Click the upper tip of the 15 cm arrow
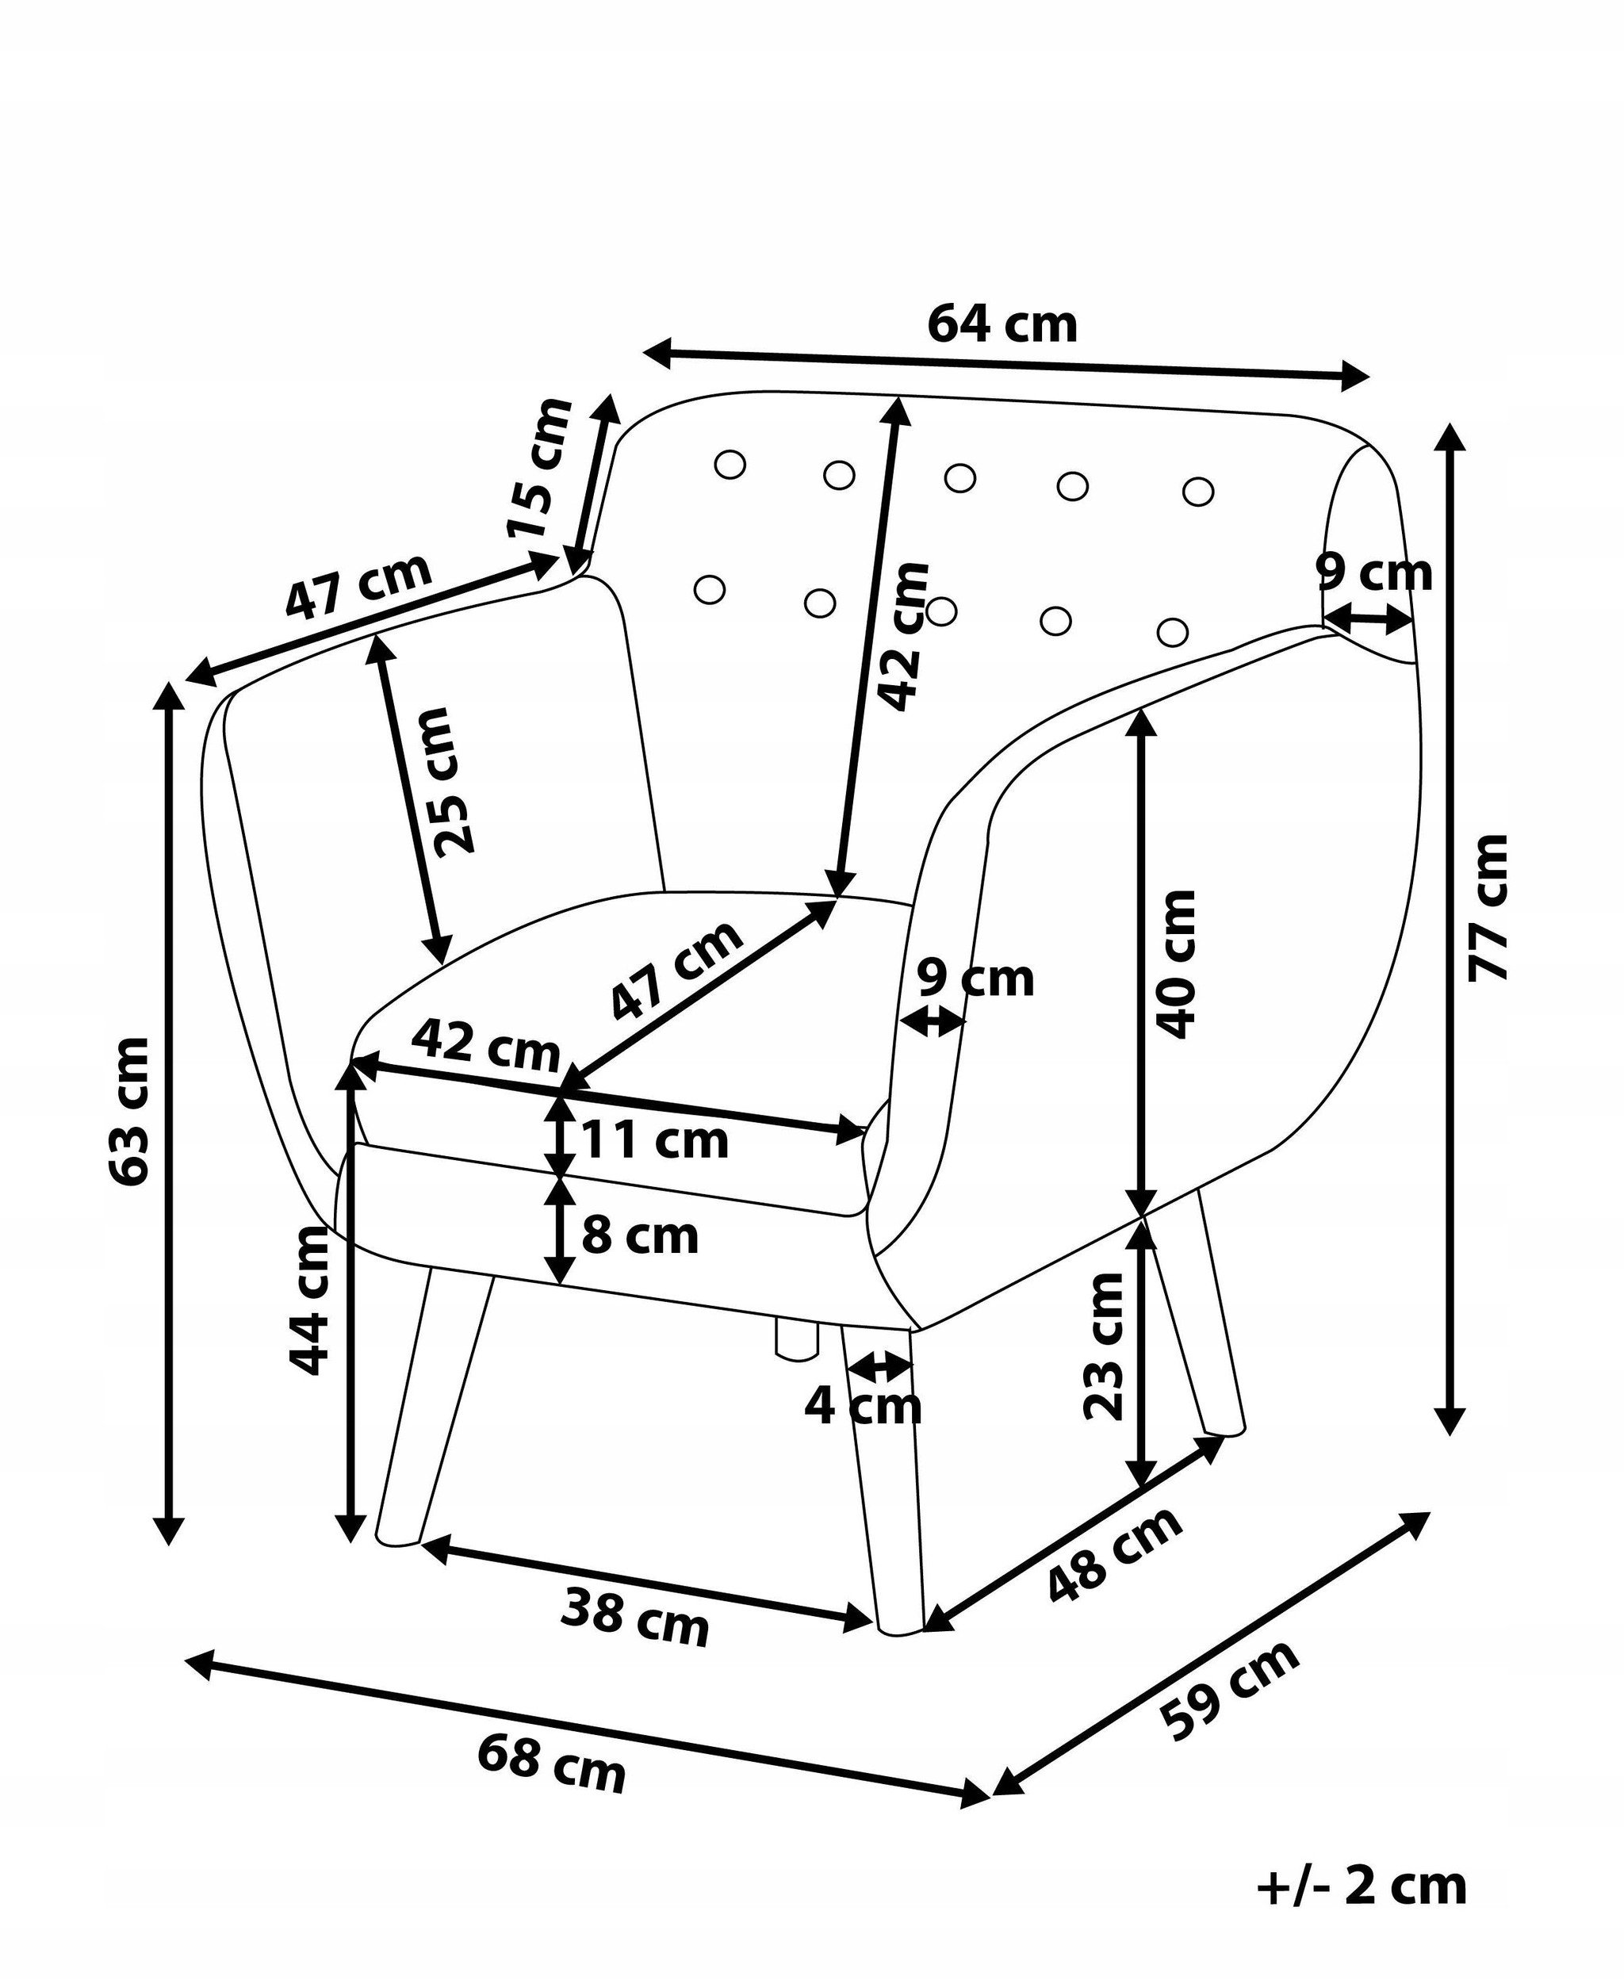click(614, 395)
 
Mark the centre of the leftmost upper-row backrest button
click(729, 464)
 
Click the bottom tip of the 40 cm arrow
click(1140, 1217)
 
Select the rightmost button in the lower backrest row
click(1172, 631)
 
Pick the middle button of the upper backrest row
click(959, 477)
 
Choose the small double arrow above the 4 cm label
click(879, 1366)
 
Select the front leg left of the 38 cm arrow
click(432, 1407)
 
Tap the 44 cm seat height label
click(308, 1300)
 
